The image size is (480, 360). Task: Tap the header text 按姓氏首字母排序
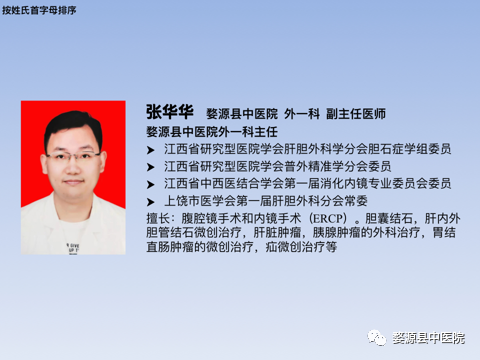pyautogui.click(x=38, y=8)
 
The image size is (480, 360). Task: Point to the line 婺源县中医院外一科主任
pyautogui.click(x=211, y=131)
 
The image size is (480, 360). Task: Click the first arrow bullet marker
pyautogui.click(x=151, y=149)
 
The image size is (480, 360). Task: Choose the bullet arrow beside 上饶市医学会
pyautogui.click(x=151, y=202)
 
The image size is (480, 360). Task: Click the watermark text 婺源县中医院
pyautogui.click(x=428, y=339)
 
